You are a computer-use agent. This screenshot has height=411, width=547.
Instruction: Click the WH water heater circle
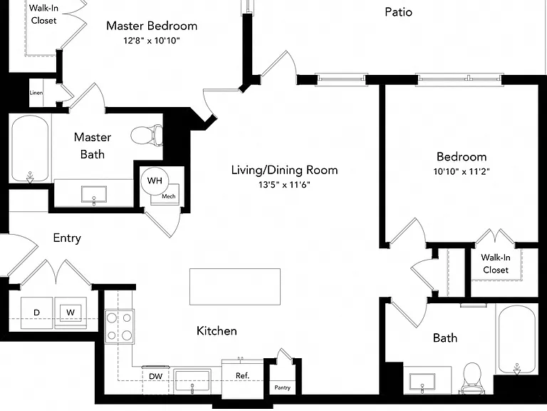155,181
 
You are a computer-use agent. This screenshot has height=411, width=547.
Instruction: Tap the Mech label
169,196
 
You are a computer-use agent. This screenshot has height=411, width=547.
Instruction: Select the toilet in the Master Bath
147,135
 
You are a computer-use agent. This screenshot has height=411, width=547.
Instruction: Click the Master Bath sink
94,195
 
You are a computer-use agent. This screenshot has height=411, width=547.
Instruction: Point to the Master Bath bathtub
30,148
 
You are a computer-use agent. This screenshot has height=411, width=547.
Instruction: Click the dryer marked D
36,313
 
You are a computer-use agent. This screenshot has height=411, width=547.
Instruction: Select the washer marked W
71,313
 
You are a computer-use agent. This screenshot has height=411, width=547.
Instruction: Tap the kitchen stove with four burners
120,327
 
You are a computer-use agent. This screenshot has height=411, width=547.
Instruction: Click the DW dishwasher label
155,377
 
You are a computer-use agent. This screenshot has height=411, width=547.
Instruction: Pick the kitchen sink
192,381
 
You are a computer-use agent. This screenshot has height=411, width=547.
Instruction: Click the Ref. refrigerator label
242,376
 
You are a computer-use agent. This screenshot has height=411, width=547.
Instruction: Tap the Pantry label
282,387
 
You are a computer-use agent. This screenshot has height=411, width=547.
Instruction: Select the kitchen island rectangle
235,287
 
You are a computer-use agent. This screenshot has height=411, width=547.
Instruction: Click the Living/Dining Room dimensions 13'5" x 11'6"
284,185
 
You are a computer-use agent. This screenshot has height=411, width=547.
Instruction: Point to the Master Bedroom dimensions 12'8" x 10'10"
152,41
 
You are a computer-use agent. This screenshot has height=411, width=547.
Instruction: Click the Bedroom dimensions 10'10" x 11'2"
462,171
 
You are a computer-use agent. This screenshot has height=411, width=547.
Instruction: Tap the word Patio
398,12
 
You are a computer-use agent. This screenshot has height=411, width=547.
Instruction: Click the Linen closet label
36,93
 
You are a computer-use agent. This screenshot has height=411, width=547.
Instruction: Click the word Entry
67,238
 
